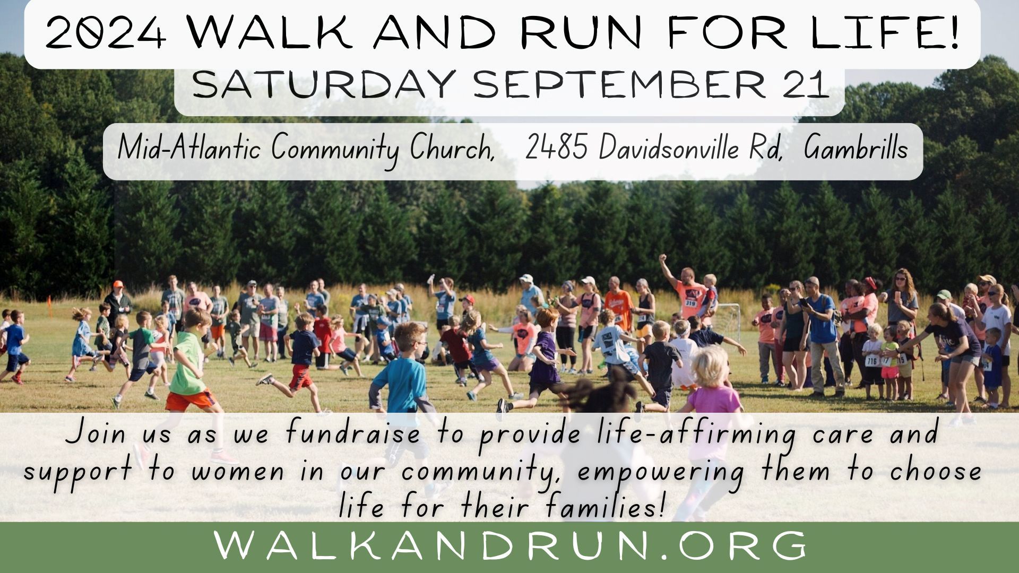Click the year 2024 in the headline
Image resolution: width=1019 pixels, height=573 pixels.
pyautogui.click(x=105, y=33)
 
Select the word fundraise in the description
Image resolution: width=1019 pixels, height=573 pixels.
pyautogui.click(x=352, y=433)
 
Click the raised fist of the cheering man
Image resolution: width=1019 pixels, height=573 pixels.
pyautogui.click(x=662, y=258)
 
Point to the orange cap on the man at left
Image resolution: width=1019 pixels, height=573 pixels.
pyautogui.click(x=118, y=284)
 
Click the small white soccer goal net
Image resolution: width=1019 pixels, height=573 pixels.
pyautogui.click(x=727, y=320)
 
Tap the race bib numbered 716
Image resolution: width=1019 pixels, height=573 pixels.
pyautogui.click(x=871, y=361)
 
